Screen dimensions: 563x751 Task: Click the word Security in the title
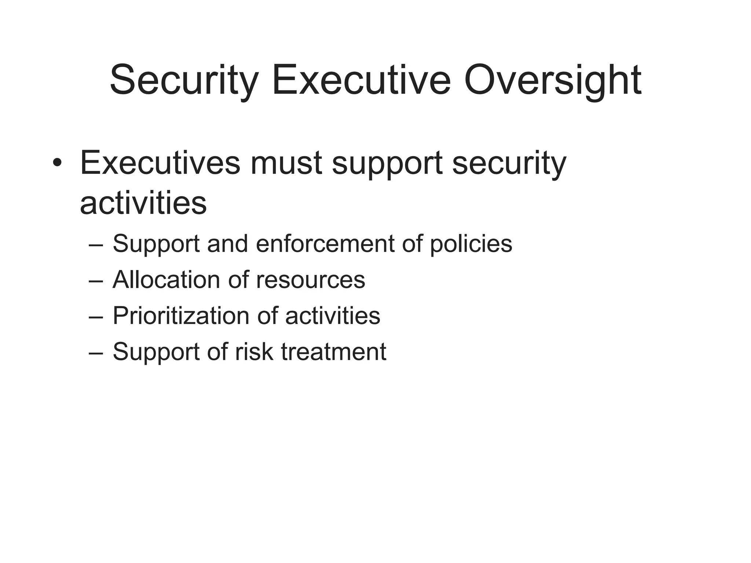(x=184, y=80)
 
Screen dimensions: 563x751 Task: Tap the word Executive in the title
(x=361, y=80)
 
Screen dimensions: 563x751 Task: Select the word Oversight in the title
(x=553, y=80)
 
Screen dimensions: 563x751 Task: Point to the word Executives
(x=160, y=162)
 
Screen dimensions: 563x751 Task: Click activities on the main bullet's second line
(x=143, y=203)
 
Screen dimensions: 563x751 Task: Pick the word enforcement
(x=325, y=243)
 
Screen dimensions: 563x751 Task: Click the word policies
(x=471, y=244)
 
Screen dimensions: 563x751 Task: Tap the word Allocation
(x=166, y=280)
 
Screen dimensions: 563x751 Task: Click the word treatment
(x=333, y=352)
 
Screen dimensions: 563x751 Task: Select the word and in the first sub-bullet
(x=227, y=243)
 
